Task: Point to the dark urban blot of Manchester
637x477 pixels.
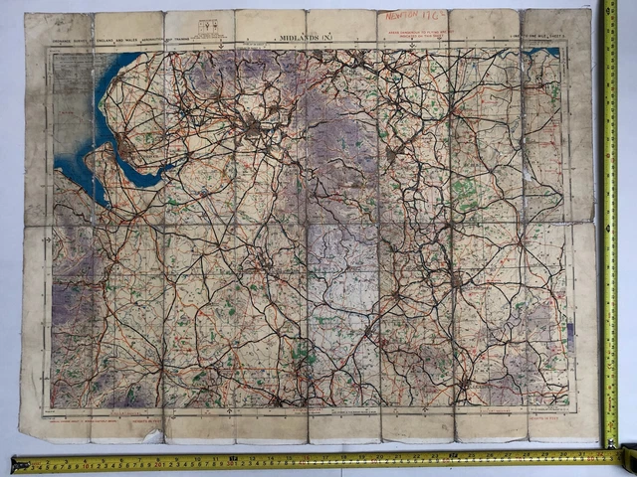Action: tap(255, 127)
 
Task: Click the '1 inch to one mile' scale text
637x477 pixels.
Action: tap(555, 39)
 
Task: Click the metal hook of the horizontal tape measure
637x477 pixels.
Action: tap(14, 464)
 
